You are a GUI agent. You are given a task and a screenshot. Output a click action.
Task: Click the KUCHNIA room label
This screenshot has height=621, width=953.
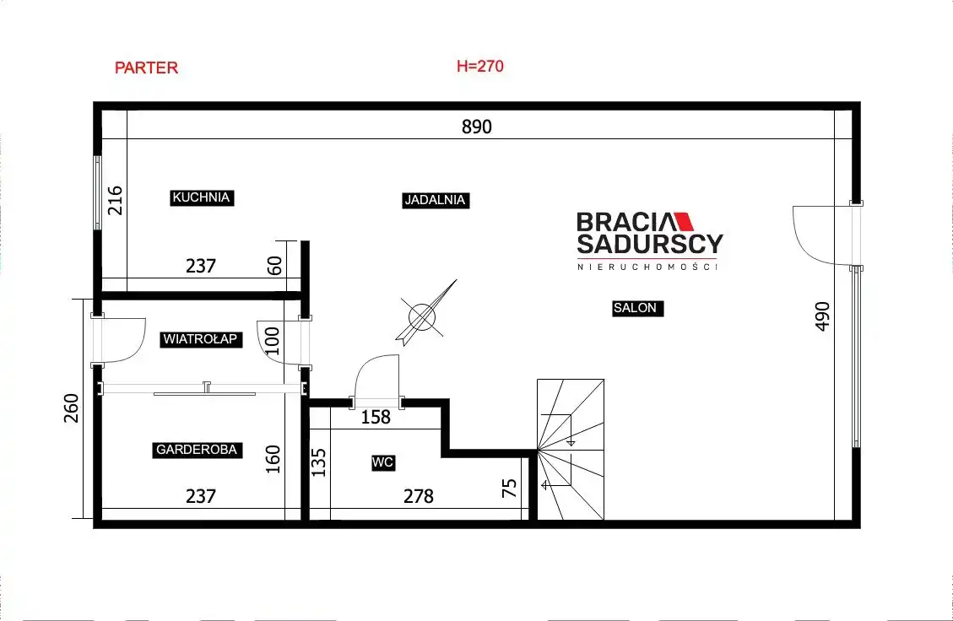201,197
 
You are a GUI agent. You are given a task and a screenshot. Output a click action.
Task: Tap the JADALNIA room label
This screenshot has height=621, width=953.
436,200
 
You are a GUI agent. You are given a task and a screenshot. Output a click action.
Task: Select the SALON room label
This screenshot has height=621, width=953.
636,308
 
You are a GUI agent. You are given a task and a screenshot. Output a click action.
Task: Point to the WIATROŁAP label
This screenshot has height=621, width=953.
201,339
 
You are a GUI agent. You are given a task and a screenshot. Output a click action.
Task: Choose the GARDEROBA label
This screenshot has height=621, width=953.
197,450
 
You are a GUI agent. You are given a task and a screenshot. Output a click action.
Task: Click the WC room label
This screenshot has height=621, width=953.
383,462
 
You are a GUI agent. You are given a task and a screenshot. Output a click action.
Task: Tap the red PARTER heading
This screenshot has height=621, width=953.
147,67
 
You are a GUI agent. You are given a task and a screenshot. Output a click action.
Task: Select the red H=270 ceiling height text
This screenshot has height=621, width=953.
480,66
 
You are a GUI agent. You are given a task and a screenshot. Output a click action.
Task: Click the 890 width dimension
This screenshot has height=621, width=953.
476,127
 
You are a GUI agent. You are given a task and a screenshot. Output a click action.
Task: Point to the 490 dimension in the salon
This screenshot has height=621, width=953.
821,316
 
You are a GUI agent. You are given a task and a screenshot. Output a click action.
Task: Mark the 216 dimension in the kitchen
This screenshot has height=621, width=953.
115,201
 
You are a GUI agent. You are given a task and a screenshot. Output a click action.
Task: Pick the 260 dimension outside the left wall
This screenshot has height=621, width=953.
71,408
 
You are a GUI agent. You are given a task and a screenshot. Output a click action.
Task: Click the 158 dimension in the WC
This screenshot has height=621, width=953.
376,417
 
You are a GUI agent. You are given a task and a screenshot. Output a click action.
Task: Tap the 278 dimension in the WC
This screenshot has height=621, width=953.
419,496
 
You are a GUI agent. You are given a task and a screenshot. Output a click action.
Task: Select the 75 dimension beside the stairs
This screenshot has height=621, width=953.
509,488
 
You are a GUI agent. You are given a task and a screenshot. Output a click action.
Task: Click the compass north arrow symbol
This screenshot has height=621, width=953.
425,314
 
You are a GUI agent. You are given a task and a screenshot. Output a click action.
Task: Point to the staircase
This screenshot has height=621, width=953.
571,450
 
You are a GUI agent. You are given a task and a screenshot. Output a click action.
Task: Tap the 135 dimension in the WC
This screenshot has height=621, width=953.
318,462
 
